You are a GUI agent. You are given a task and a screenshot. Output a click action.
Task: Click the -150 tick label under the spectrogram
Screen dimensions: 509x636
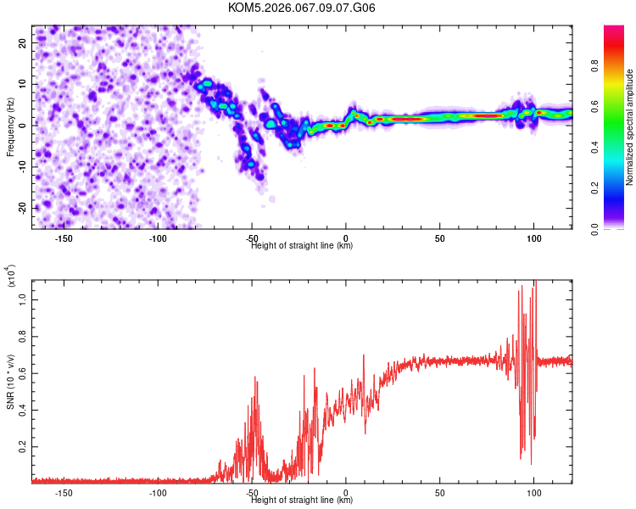pyautogui.click(x=64, y=238)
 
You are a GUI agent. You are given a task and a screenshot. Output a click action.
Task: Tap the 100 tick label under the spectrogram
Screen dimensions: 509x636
pyautogui.click(x=533, y=238)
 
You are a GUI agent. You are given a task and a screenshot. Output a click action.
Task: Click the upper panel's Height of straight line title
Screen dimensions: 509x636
pyautogui.click(x=302, y=245)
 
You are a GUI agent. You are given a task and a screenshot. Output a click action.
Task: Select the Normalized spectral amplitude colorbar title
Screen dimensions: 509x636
pyautogui.click(x=630, y=127)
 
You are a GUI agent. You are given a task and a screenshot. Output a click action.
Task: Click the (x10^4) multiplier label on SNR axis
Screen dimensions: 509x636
pyautogui.click(x=11, y=276)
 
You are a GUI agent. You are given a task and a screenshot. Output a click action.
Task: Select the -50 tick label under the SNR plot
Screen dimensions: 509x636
pyautogui.click(x=252, y=493)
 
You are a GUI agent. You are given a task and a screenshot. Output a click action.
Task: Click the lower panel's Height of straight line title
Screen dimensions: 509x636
pyautogui.click(x=302, y=501)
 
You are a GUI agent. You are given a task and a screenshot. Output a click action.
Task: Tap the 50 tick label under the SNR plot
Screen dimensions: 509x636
pyautogui.click(x=440, y=493)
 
